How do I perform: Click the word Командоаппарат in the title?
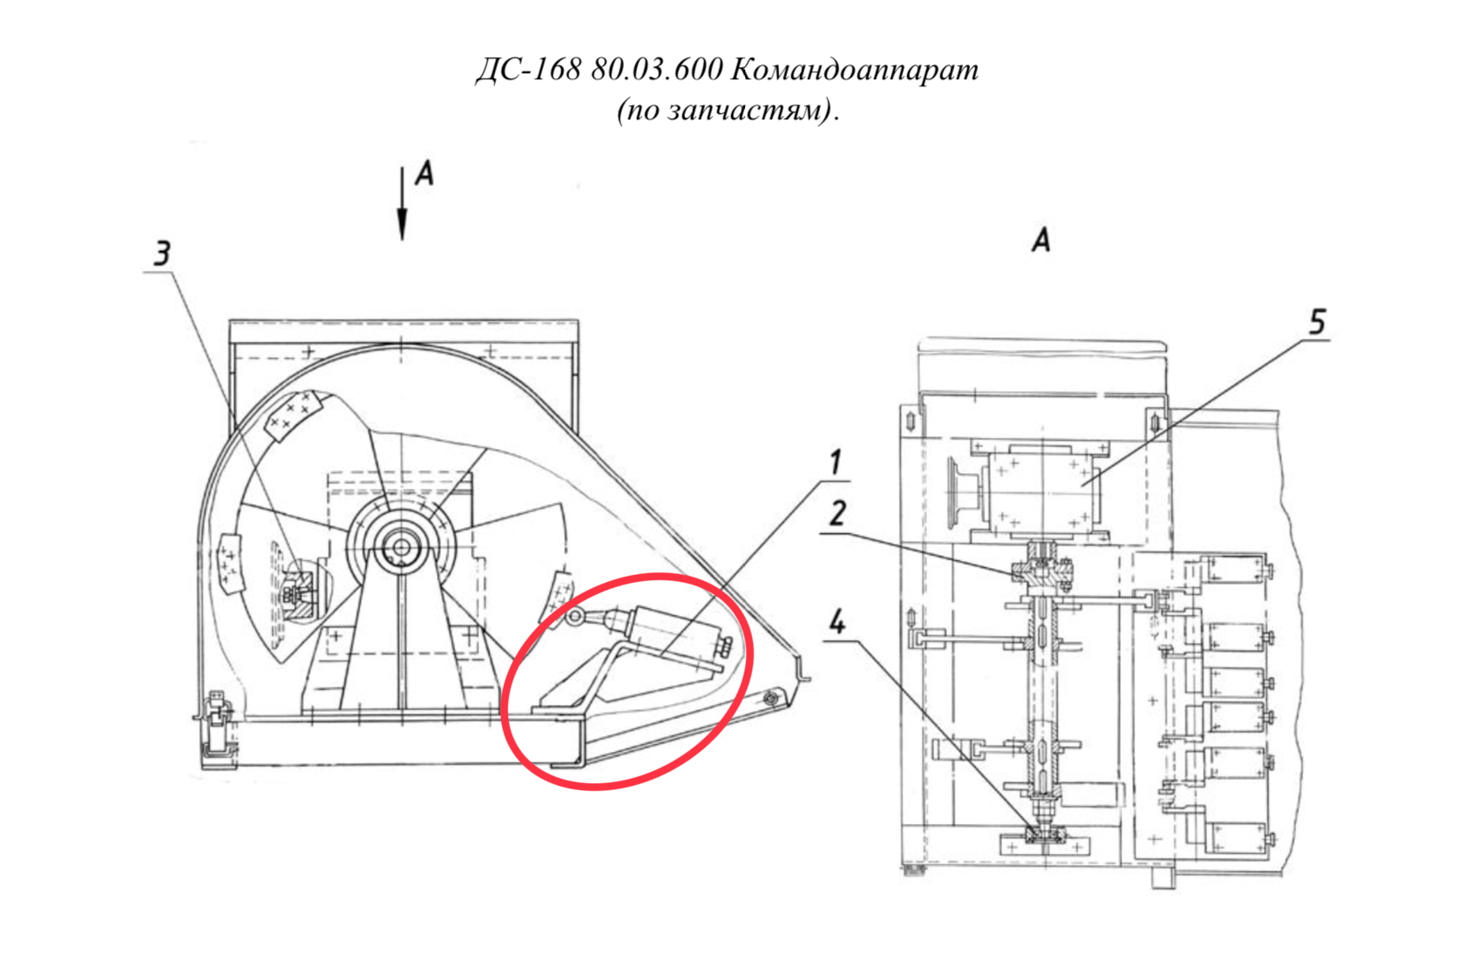tap(854, 69)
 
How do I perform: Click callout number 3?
tap(162, 253)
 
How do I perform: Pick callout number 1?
tap(835, 462)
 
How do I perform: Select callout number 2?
tap(837, 513)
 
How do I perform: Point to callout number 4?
tap(837, 621)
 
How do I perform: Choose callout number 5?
tap(1317, 321)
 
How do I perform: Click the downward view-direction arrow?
tap(402, 204)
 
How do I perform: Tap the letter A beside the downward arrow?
tap(424, 173)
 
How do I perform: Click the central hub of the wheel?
tap(402, 548)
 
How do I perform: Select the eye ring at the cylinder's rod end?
tap(575, 616)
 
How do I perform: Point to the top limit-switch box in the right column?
tap(1231, 570)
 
